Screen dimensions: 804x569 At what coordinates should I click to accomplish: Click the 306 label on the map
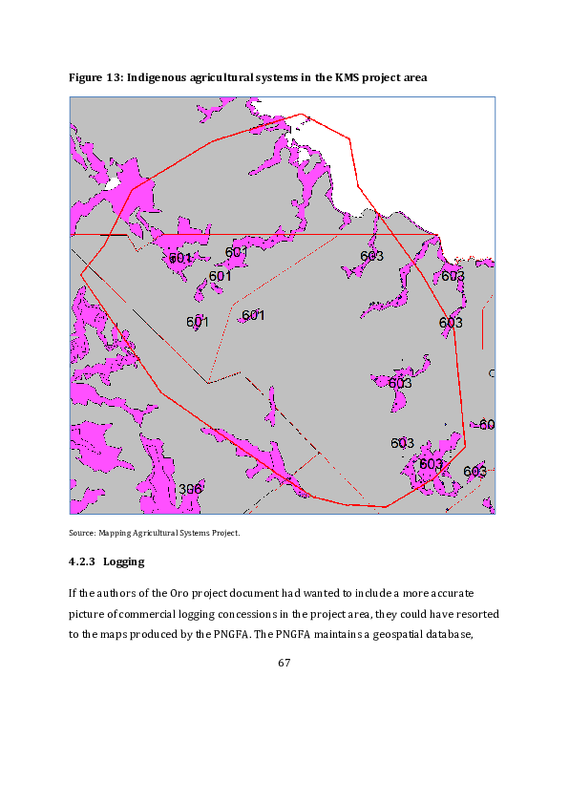(x=190, y=489)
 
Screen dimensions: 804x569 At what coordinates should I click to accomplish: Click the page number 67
(x=284, y=664)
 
